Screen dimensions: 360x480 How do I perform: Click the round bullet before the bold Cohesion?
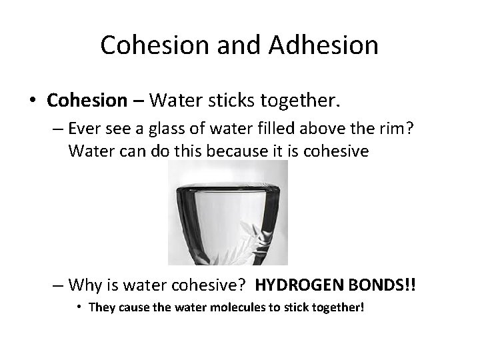(x=33, y=101)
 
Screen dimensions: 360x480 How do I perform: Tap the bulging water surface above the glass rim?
(x=227, y=181)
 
